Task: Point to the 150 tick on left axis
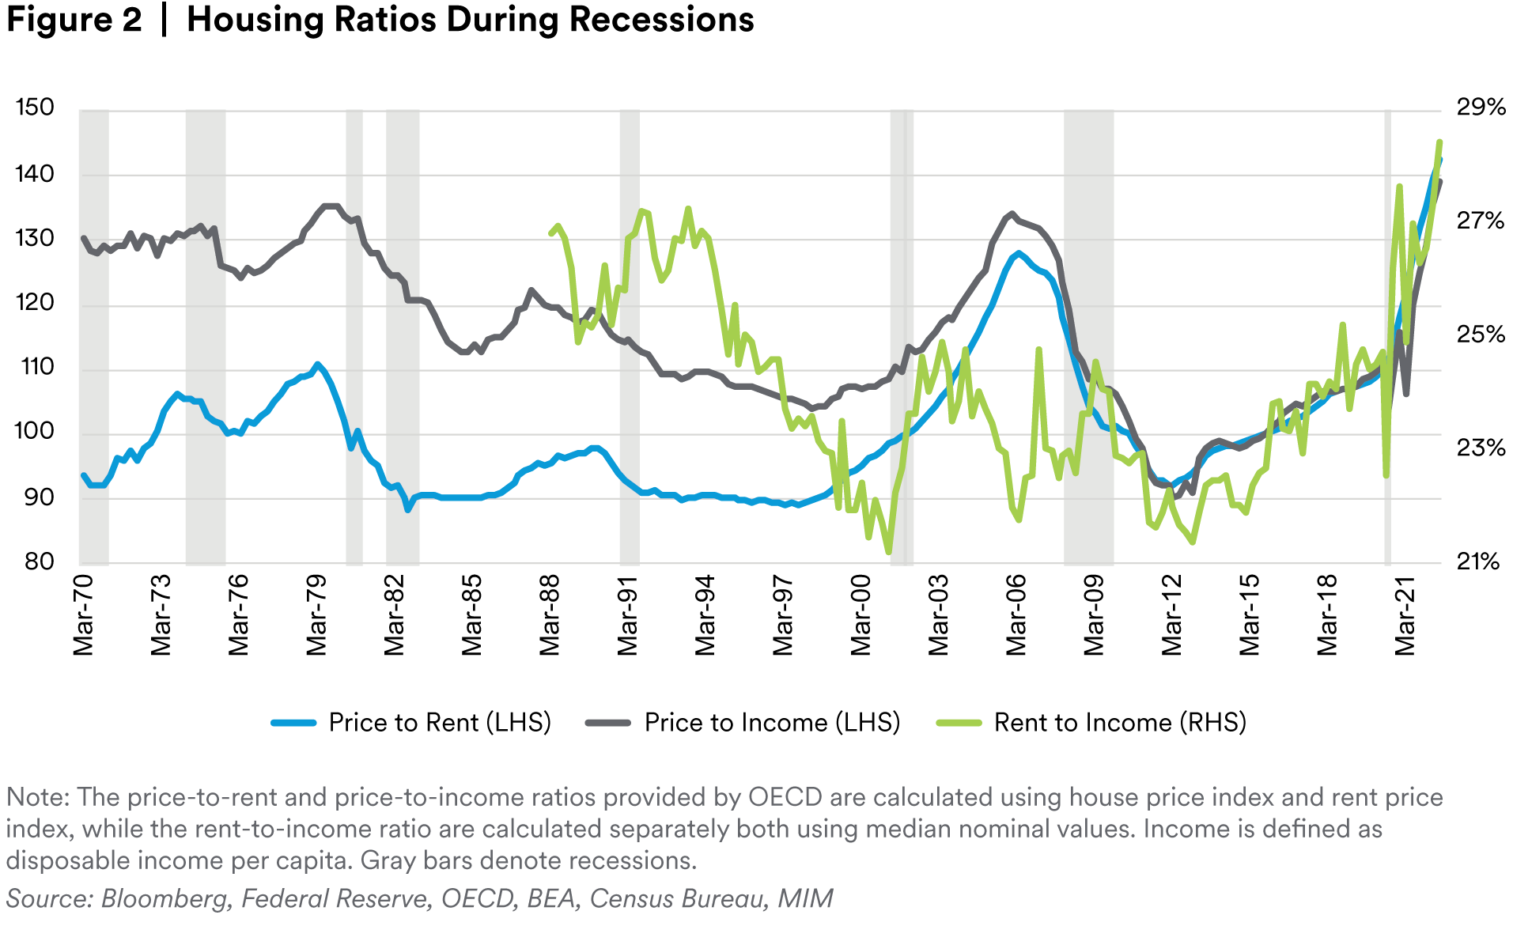tap(35, 108)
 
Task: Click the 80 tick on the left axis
tap(39, 562)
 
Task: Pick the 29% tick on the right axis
tap(1481, 108)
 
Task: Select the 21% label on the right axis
tap(1478, 562)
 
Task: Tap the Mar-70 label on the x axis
tap(83, 616)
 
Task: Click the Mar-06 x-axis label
tap(1016, 616)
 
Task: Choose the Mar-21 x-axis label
tap(1405, 616)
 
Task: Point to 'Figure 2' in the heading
tap(74, 20)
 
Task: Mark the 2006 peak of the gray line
tap(1012, 214)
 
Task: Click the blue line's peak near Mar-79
tap(317, 365)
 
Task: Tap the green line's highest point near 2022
tap(1439, 142)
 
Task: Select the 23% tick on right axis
tap(1481, 448)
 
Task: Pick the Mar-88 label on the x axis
tap(550, 616)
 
